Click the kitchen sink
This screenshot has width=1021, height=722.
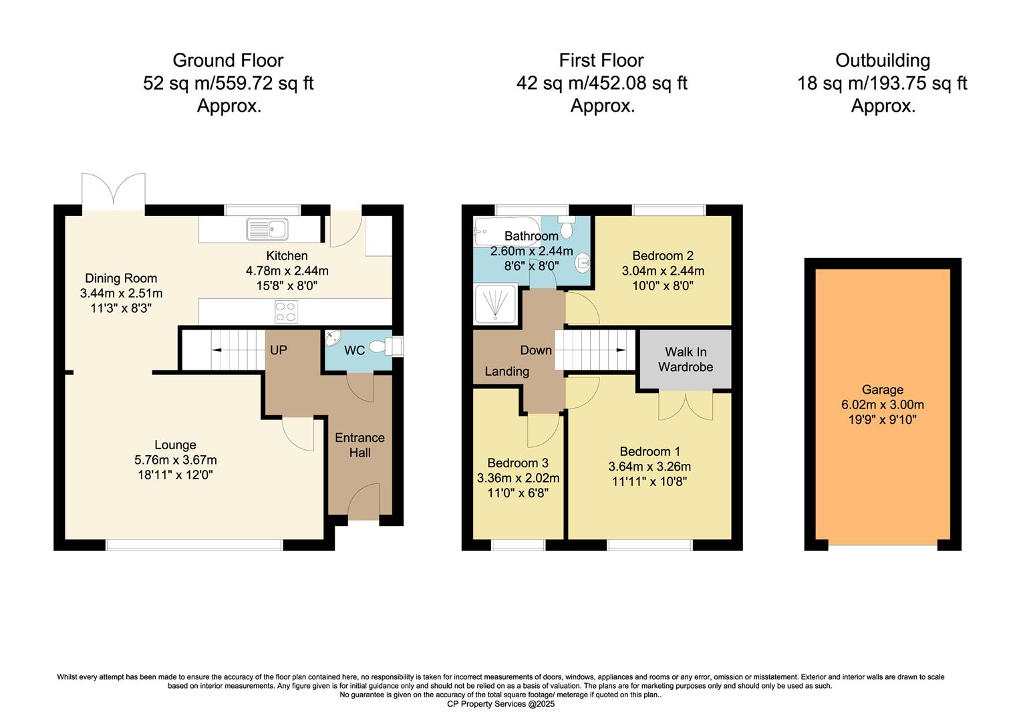267,229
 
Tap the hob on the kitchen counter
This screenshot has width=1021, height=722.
287,312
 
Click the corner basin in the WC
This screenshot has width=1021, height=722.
333,340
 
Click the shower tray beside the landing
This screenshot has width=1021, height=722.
495,304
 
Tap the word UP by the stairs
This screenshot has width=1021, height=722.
279,350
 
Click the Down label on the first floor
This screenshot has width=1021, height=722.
536,350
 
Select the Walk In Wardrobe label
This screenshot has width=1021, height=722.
685,360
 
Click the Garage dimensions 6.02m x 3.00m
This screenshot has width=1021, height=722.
882,404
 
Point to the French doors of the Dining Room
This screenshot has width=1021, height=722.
114,190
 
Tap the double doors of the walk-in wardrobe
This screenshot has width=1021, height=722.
685,406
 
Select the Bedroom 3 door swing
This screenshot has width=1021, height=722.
543,430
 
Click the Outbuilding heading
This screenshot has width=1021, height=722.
882,60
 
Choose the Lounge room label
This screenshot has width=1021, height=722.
175,445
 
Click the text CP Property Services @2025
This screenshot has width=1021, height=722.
500,704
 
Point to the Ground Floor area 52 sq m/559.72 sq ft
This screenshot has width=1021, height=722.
228,84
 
